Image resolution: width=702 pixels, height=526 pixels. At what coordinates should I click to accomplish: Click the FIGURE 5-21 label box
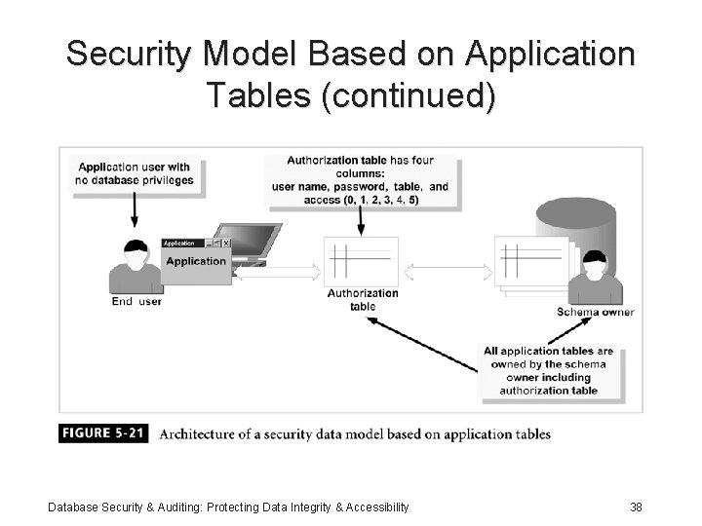[x=103, y=433]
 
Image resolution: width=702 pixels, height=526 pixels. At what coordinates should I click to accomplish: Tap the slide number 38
[x=636, y=507]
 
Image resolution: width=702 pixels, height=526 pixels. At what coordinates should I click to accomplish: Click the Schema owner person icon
[x=594, y=278]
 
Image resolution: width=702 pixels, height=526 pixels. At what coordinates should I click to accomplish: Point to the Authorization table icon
[x=362, y=261]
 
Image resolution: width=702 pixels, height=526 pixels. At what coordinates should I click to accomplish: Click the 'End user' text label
[x=136, y=302]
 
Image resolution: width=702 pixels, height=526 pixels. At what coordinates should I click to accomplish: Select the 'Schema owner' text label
[x=595, y=313]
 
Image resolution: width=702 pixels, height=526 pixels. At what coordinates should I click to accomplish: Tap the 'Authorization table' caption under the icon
[x=363, y=300]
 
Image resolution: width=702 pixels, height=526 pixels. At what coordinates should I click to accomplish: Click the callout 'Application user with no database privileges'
[x=135, y=173]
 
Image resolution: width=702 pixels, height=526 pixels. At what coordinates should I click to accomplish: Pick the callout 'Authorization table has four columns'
[x=360, y=180]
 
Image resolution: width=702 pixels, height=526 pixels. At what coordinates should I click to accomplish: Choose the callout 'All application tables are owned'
[x=548, y=371]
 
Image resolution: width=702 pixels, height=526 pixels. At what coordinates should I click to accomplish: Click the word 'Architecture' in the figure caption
[x=197, y=434]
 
